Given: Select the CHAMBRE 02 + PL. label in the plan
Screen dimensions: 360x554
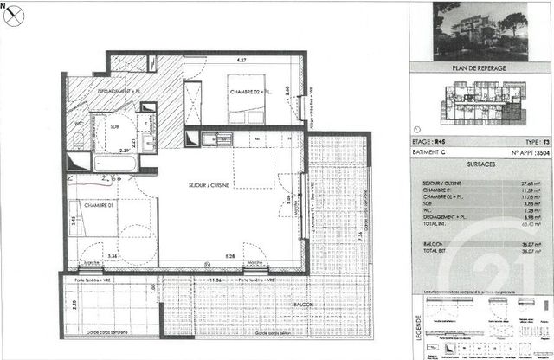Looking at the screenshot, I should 252,91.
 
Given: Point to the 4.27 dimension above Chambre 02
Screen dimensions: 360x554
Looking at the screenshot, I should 242,60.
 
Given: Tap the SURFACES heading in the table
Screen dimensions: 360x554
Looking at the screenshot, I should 480,163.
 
